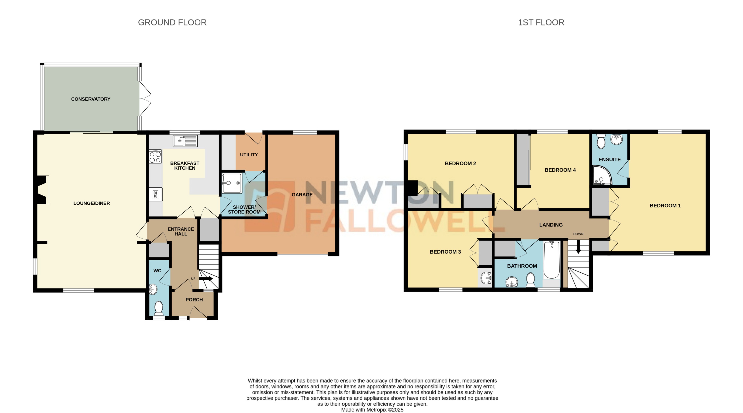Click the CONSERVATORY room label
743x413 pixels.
click(91, 99)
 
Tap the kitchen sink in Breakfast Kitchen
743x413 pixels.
click(185, 141)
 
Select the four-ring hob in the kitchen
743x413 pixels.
click(155, 157)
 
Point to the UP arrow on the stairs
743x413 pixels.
click(206, 279)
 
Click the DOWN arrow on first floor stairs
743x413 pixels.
click(578, 248)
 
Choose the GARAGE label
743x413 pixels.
click(302, 195)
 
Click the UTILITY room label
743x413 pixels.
click(249, 155)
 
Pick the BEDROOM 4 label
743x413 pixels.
click(560, 170)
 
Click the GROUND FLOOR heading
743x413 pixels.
click(172, 23)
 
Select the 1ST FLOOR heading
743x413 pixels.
click(541, 23)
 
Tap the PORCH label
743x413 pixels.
click(194, 300)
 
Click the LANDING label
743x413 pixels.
click(551, 225)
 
